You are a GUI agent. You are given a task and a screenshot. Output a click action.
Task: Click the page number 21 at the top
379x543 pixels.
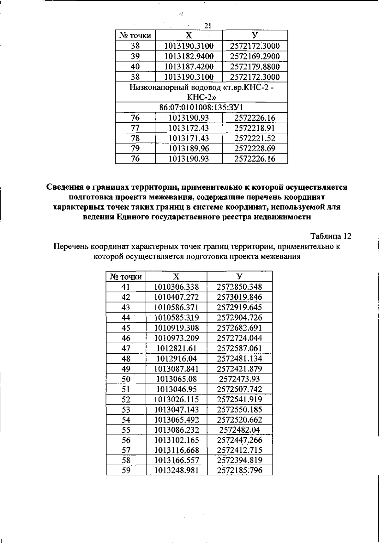point(208,26)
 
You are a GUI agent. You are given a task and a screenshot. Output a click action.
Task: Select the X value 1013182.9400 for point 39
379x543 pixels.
point(189,57)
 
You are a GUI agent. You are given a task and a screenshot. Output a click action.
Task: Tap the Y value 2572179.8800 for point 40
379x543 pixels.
point(255,67)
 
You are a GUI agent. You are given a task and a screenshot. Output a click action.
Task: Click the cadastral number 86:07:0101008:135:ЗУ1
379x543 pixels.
point(201,107)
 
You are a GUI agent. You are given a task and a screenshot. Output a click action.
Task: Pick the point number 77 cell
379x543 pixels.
point(135,128)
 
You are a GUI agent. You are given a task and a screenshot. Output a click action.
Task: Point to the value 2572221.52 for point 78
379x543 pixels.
point(255,138)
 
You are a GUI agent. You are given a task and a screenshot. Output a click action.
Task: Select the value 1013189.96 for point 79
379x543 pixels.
point(189,149)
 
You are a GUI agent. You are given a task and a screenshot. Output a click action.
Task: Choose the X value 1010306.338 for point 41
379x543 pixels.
point(177,287)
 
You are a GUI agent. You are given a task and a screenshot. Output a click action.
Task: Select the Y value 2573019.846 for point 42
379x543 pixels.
point(240,297)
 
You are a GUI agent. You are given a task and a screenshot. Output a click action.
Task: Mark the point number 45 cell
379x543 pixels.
point(126,328)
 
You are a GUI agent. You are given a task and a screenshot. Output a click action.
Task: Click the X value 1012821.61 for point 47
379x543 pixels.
point(177,348)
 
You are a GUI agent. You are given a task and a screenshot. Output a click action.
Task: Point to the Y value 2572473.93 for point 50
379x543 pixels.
point(240,379)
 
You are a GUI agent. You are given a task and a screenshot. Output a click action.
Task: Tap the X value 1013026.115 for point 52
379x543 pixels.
point(177,399)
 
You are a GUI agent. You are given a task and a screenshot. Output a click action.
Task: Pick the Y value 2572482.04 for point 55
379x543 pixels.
point(240,430)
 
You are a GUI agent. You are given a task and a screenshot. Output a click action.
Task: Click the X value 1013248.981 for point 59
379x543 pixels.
point(177,471)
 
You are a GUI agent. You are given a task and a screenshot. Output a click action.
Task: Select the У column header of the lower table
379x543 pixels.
point(240,277)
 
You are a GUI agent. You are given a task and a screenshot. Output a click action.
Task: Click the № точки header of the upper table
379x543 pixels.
point(135,36)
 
